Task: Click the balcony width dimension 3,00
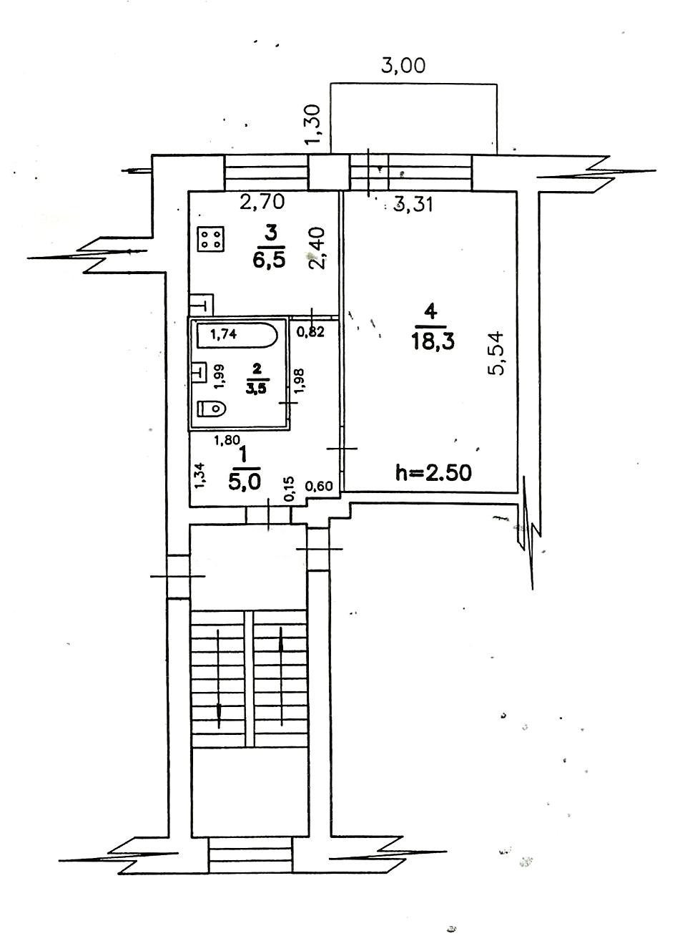pos(403,66)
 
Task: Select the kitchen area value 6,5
pos(269,258)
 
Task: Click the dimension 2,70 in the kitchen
pos(262,203)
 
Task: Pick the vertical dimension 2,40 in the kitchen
pos(318,248)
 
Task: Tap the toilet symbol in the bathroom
pos(212,408)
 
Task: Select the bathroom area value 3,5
pos(257,389)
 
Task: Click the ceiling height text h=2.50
pos(433,472)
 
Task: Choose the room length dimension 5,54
pos(498,351)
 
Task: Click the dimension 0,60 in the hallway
pos(319,487)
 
